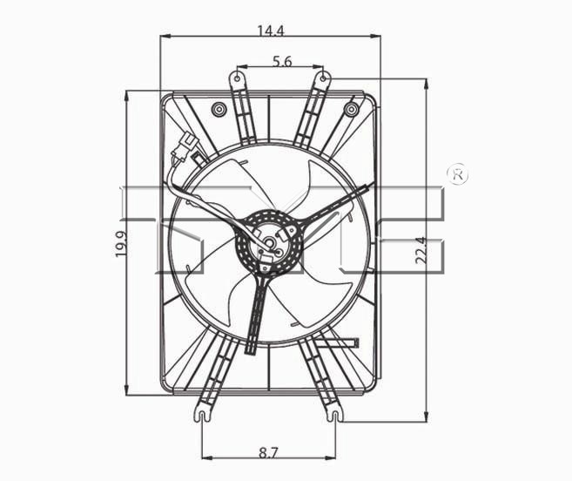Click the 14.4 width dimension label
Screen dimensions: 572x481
(x=271, y=30)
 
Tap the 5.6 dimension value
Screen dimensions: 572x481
(x=282, y=61)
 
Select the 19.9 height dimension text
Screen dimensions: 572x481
(x=122, y=244)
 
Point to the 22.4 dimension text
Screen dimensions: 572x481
(x=421, y=250)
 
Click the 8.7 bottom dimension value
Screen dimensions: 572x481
(x=268, y=453)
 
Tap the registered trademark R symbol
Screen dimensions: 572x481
(x=458, y=174)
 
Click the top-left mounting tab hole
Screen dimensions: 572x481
(x=237, y=78)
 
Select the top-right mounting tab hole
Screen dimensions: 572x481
(x=324, y=78)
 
